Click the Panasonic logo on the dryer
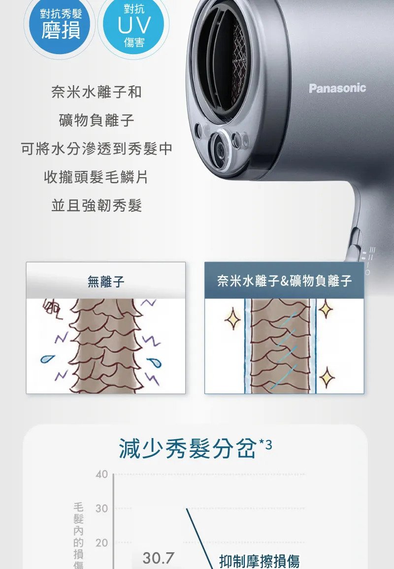click(x=337, y=88)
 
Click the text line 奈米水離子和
click(x=97, y=92)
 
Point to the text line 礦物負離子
click(x=97, y=120)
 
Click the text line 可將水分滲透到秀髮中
click(x=97, y=149)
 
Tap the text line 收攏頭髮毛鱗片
click(x=97, y=177)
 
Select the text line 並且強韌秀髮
click(x=97, y=205)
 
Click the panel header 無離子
click(x=106, y=281)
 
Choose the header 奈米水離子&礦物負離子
click(x=284, y=281)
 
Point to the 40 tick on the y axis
click(x=101, y=474)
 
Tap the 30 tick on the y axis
click(x=101, y=508)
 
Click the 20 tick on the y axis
click(x=101, y=542)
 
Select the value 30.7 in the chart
click(x=158, y=558)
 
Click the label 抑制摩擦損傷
click(x=260, y=561)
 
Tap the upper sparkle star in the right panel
click(x=326, y=309)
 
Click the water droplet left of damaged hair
click(x=47, y=358)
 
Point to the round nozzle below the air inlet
click(x=219, y=149)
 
